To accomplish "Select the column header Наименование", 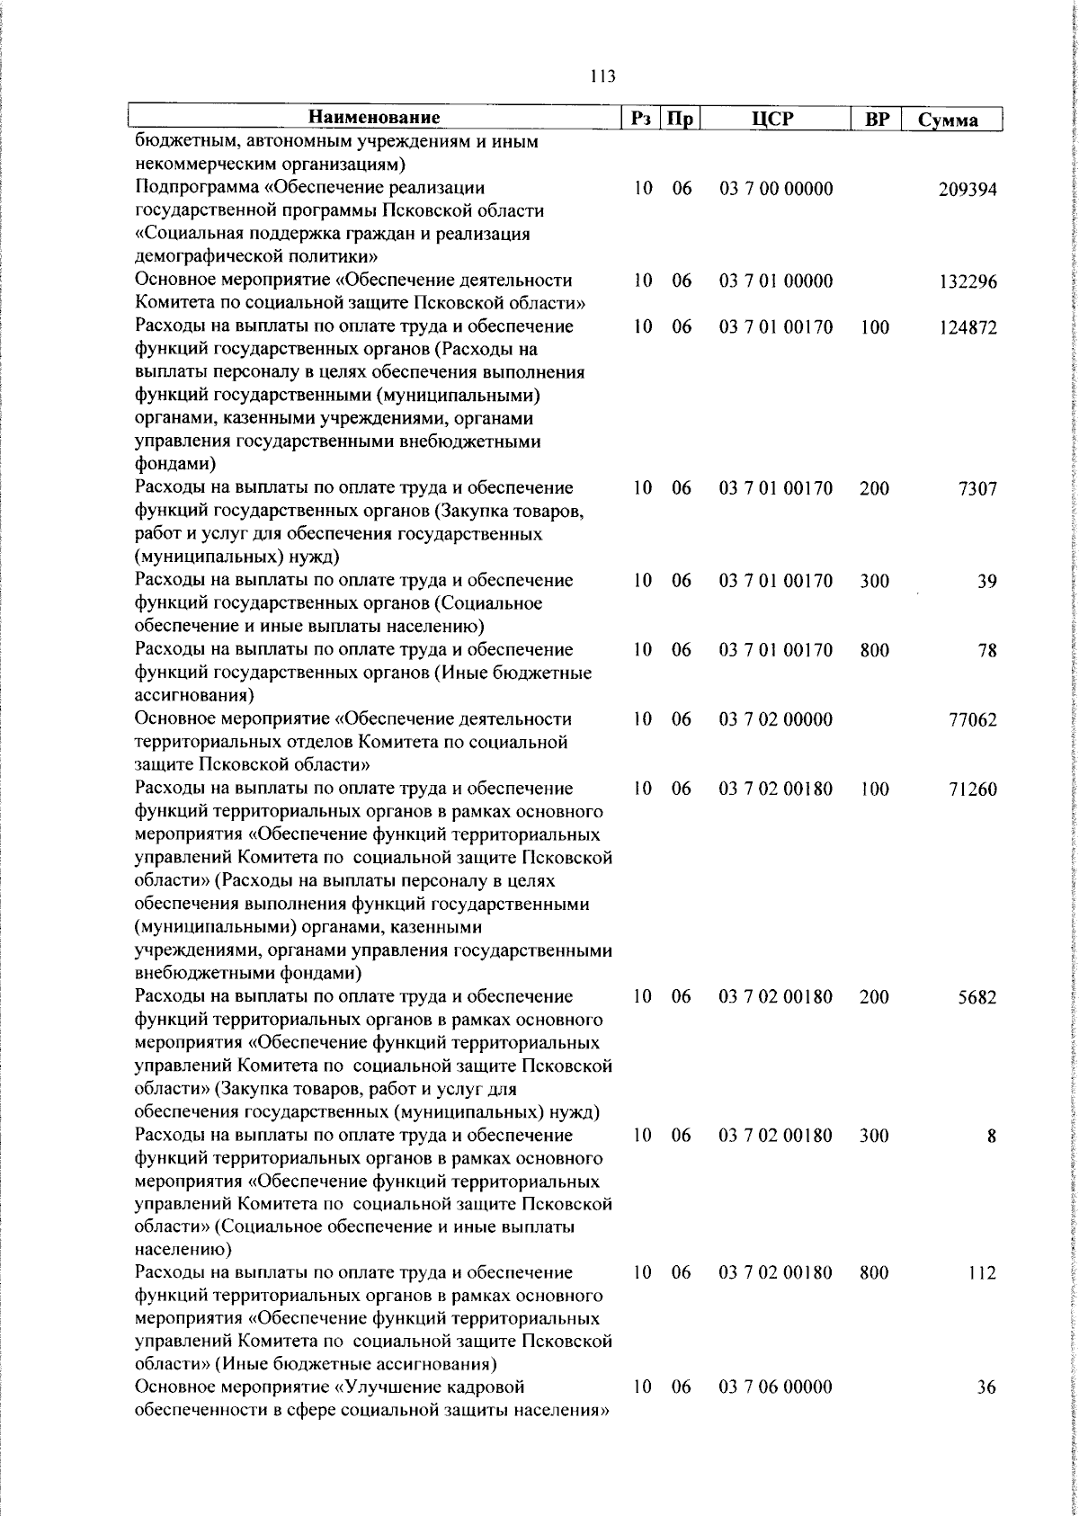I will point(375,118).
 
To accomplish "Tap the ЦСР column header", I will point(775,118).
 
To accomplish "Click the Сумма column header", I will point(949,120).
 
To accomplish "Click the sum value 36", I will point(986,1413).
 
